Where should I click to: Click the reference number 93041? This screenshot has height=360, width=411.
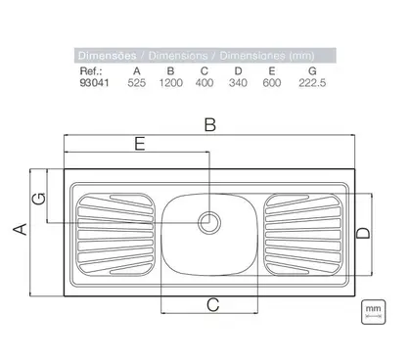click(94, 83)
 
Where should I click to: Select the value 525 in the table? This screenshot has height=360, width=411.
click(137, 83)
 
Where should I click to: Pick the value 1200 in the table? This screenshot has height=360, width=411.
click(170, 83)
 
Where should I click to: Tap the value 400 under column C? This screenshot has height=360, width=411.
click(205, 83)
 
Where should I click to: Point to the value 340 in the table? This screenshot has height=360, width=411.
click(238, 83)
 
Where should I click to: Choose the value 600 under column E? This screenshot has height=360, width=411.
click(272, 83)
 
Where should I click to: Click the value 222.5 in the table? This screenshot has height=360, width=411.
click(312, 83)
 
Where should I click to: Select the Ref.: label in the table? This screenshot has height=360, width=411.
click(91, 71)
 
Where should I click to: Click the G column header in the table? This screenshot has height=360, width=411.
click(312, 71)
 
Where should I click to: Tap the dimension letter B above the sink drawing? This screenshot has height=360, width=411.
click(210, 125)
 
